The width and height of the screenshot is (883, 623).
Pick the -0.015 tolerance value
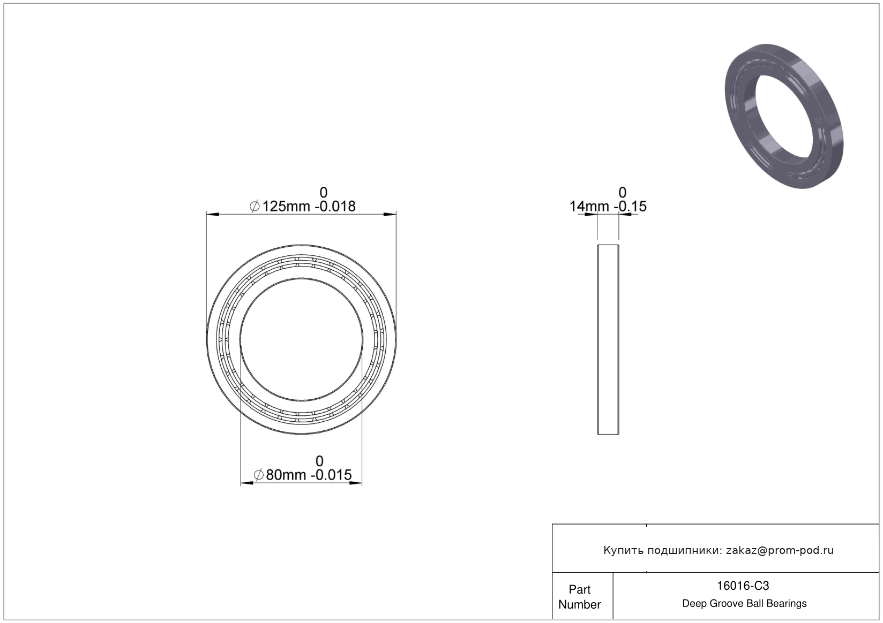coord(331,475)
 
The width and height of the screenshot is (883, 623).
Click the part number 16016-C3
coord(743,586)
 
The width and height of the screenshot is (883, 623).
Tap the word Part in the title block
coord(580,589)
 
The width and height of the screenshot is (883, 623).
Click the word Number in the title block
coord(580,604)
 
